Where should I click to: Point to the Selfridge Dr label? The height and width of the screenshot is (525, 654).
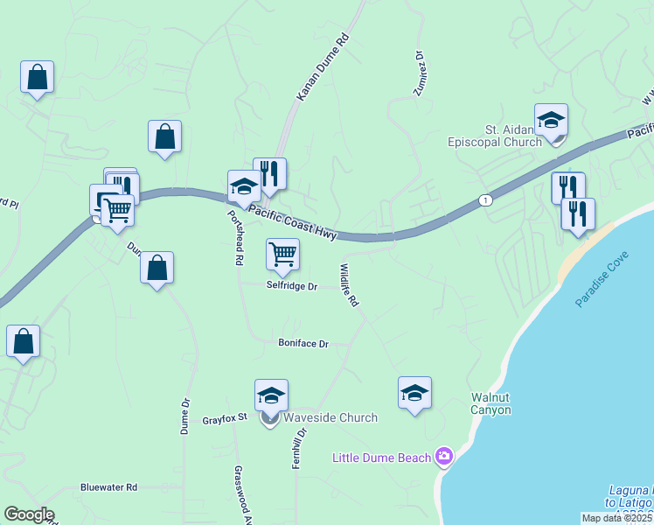click(x=291, y=285)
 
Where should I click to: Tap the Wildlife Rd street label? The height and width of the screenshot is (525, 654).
click(x=349, y=284)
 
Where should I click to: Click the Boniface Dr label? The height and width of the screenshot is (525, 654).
click(x=303, y=344)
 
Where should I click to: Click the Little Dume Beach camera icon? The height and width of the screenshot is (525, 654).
click(x=444, y=457)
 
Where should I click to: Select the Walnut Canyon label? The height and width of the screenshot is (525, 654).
click(x=490, y=403)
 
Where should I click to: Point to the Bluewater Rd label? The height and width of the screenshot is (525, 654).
click(x=108, y=486)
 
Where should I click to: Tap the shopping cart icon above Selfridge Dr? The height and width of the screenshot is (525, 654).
click(x=282, y=254)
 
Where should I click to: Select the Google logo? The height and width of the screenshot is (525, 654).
click(x=29, y=515)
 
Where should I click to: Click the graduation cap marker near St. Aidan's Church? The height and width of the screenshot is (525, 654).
click(x=551, y=121)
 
